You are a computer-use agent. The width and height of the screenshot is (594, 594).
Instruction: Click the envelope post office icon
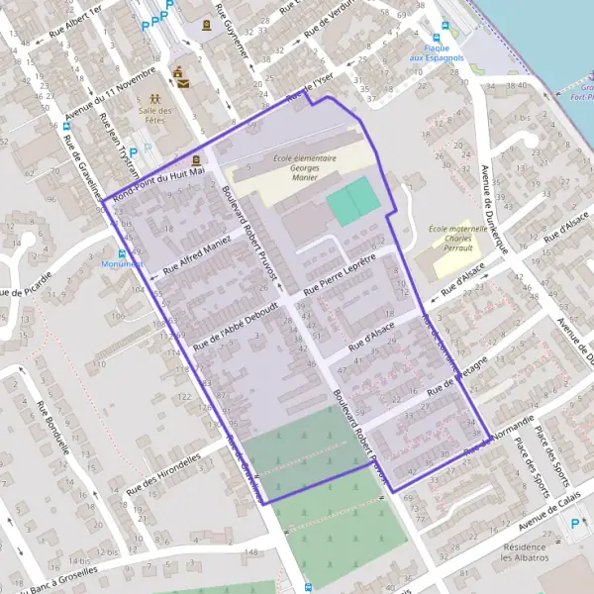(178, 72)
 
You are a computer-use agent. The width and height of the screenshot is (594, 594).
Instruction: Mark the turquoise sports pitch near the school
(353, 203)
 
